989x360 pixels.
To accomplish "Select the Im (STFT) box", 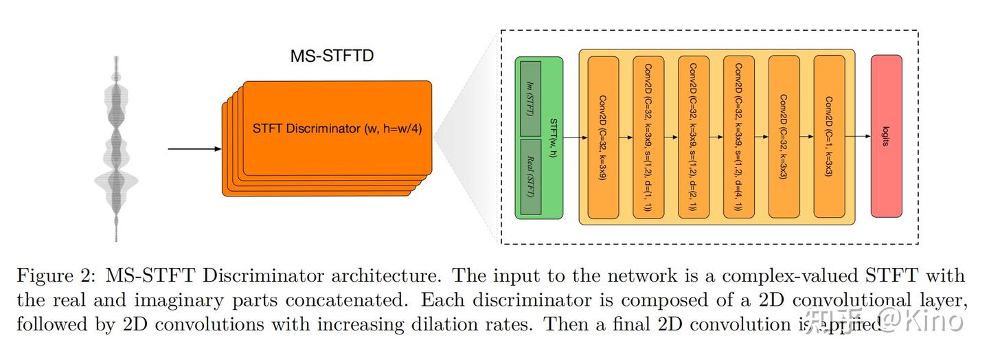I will [x=530, y=99].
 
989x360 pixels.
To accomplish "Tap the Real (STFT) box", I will [x=530, y=177].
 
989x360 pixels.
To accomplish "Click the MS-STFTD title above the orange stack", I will [x=332, y=56].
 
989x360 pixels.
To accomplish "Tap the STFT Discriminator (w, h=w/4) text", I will [x=336, y=129].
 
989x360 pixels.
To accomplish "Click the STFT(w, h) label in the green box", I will [x=554, y=137].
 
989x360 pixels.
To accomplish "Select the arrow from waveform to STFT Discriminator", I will [x=195, y=148].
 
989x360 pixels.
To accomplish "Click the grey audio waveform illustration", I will [x=117, y=148].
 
